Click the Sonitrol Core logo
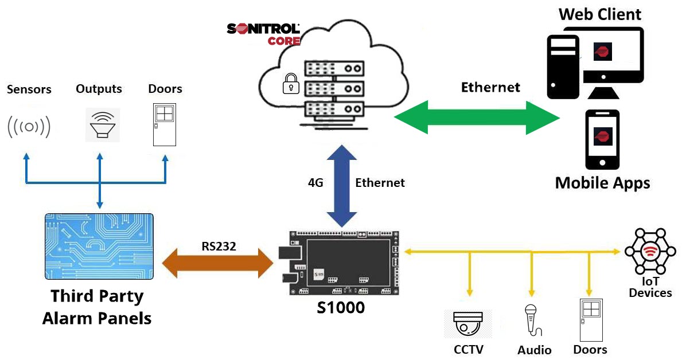pyautogui.click(x=263, y=34)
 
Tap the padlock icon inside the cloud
pyautogui.click(x=290, y=84)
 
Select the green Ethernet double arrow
pyautogui.click(x=477, y=118)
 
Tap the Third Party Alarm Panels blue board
pyautogui.click(x=99, y=247)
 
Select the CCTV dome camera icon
pyautogui.click(x=467, y=324)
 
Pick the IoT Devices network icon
pyautogui.click(x=649, y=252)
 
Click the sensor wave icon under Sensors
pyautogui.click(x=29, y=127)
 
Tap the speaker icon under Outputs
pyautogui.click(x=103, y=125)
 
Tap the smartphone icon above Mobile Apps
pyautogui.click(x=602, y=139)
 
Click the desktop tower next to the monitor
pyautogui.click(x=563, y=66)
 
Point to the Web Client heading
pyautogui.click(x=600, y=14)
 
